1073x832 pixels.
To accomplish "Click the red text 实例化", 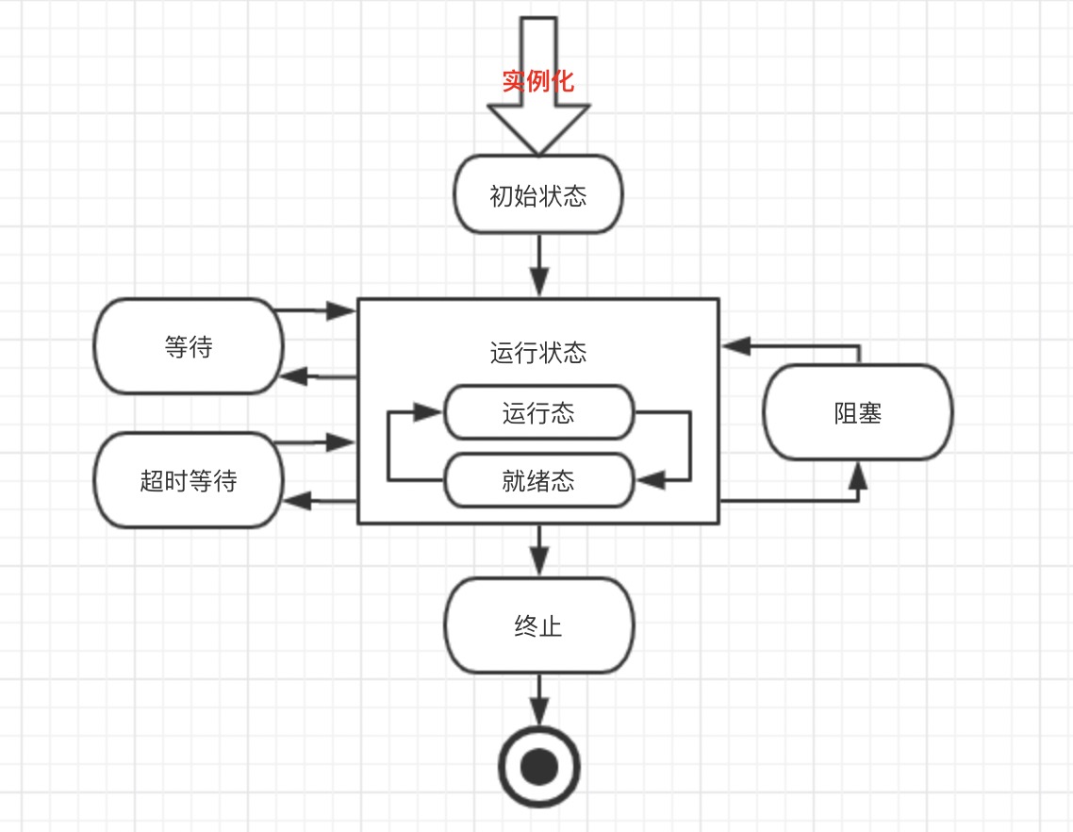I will point(537,81).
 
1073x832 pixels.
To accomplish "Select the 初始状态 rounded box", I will point(538,195).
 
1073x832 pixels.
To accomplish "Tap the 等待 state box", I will point(189,347).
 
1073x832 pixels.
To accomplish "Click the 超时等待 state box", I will point(189,481).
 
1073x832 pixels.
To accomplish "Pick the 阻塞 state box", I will point(857,413).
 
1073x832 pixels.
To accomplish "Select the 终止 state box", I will point(538,625).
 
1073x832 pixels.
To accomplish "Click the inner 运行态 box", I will point(538,413).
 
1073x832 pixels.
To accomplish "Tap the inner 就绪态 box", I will point(538,481).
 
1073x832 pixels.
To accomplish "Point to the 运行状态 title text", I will point(538,353).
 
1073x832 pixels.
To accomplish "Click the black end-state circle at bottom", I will point(538,767).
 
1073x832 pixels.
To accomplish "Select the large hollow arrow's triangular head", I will point(538,127).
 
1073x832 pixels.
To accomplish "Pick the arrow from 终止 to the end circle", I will point(538,700).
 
